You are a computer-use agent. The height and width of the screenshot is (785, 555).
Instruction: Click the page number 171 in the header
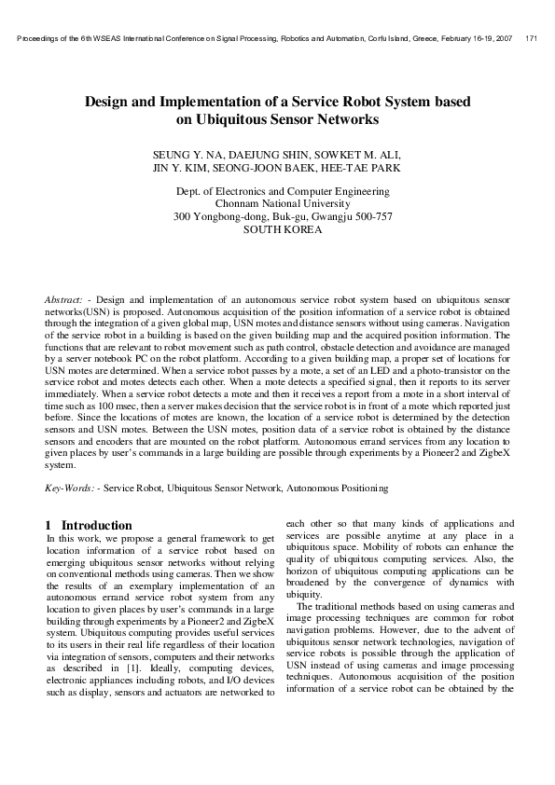click(x=531, y=38)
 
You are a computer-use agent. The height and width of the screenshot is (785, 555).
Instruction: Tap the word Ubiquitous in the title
click(x=232, y=119)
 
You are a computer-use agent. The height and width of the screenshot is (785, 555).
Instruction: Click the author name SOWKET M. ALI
click(x=362, y=154)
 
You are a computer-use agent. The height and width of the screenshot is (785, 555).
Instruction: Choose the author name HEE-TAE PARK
click(x=364, y=169)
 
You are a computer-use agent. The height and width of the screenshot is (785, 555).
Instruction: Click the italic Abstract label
click(x=63, y=298)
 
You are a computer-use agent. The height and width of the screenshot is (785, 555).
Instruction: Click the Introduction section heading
click(x=96, y=525)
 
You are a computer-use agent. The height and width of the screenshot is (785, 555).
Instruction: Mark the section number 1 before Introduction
click(x=49, y=525)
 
